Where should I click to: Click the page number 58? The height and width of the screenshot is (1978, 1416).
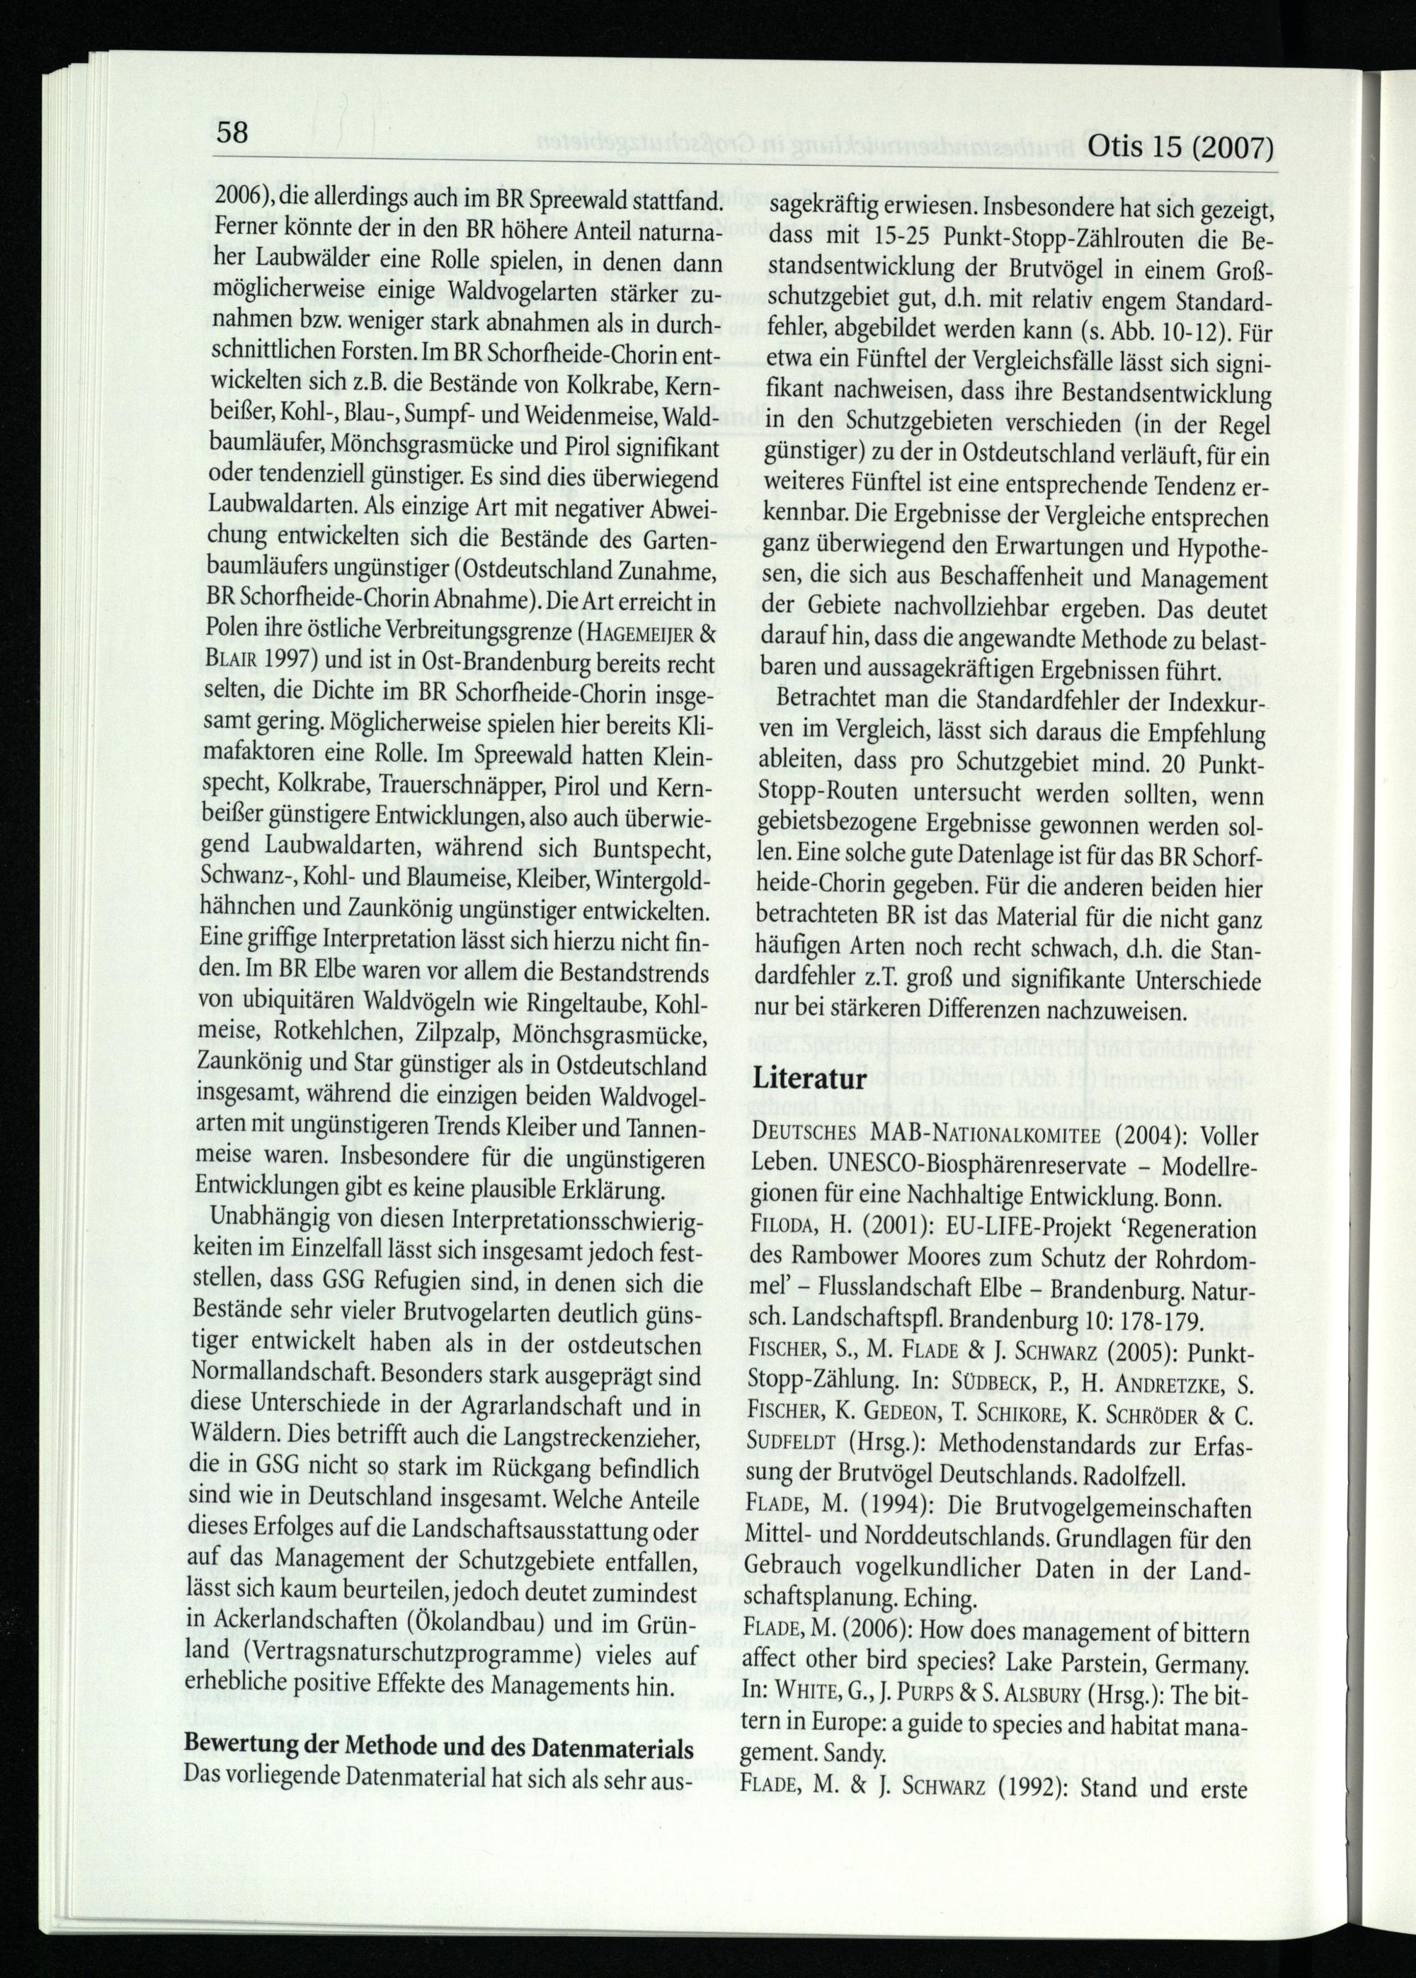[233, 132]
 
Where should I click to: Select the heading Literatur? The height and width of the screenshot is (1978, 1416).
[810, 1078]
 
